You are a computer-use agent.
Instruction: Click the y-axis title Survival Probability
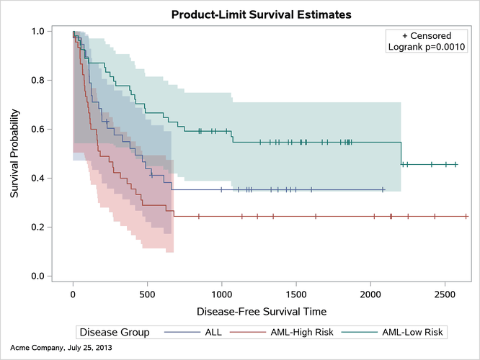pyautogui.click(x=14, y=153)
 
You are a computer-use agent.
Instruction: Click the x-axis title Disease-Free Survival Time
pyautogui.click(x=262, y=312)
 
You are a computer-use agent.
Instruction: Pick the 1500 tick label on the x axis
pyautogui.click(x=296, y=294)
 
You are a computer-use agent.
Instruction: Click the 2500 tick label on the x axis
pyautogui.click(x=445, y=294)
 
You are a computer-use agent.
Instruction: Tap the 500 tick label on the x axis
pyautogui.click(x=147, y=294)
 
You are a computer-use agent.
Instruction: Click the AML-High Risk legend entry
pyautogui.click(x=301, y=332)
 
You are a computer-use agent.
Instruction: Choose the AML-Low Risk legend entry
pyautogui.click(x=412, y=332)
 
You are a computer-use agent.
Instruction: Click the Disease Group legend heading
pyautogui.click(x=115, y=332)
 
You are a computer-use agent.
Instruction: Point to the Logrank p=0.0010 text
pyautogui.click(x=427, y=48)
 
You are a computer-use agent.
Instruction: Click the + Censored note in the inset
pyautogui.click(x=427, y=35)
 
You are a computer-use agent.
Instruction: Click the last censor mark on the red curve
pyautogui.click(x=466, y=216)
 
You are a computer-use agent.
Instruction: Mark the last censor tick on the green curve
pyautogui.click(x=455, y=165)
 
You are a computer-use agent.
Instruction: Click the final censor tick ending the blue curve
pyautogui.click(x=383, y=189)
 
